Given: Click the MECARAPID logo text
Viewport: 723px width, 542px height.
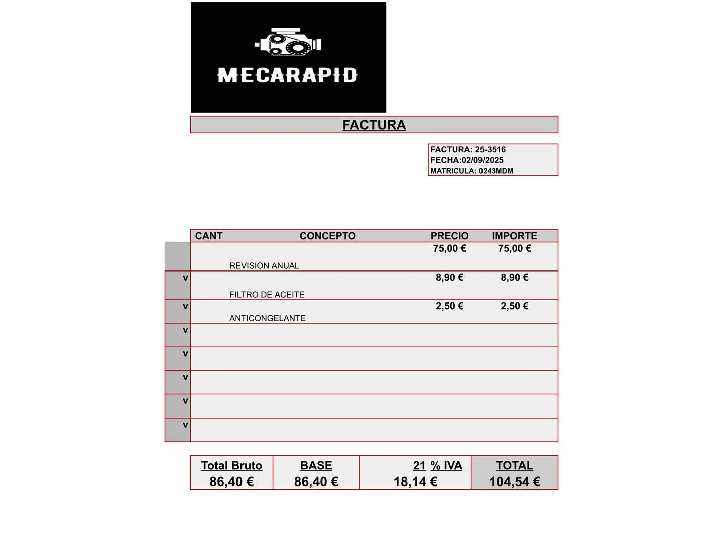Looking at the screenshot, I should [x=287, y=76].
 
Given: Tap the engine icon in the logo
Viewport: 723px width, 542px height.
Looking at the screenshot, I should [x=288, y=42].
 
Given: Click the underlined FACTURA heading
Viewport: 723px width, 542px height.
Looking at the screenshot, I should [x=374, y=125].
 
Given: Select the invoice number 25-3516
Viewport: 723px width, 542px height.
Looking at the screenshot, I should [x=491, y=150].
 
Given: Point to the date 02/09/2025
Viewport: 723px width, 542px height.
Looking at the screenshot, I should [x=483, y=160].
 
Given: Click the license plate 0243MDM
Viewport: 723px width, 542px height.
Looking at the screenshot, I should [x=496, y=171].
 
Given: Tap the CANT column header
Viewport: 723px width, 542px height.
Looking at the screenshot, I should [x=208, y=236].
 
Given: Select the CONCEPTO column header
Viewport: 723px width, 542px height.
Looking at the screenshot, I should [x=327, y=236].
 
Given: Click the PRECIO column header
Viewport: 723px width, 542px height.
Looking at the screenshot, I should [x=449, y=236].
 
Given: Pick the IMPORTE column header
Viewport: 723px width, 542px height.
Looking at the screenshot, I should [x=514, y=236].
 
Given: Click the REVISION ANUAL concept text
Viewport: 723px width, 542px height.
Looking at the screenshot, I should [x=264, y=266].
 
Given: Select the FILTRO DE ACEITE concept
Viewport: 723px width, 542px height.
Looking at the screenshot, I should [x=267, y=295].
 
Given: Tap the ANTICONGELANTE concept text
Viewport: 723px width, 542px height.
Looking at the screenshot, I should [x=267, y=318].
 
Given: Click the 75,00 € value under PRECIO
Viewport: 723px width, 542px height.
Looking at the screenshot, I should [x=449, y=248].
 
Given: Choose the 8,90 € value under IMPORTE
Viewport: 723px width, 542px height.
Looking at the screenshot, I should [x=514, y=277].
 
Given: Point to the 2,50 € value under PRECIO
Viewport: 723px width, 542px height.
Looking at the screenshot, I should [x=449, y=306].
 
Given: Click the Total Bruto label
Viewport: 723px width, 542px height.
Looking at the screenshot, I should [x=231, y=466].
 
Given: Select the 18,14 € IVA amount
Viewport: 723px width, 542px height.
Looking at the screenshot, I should [x=415, y=482].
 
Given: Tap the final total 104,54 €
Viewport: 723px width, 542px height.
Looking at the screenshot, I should [x=514, y=482].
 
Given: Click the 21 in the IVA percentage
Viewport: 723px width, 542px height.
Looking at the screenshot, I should [x=419, y=466].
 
